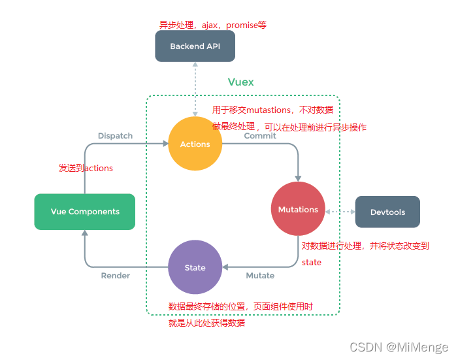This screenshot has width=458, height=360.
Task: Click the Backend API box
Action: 195,46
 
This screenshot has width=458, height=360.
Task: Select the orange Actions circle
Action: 195,144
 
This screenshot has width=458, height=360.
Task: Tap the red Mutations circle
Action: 298,210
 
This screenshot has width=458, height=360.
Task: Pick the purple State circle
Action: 195,267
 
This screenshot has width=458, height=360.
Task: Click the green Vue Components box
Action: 85,212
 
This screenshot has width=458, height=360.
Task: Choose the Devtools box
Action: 387,212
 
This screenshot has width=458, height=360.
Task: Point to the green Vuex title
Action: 240,82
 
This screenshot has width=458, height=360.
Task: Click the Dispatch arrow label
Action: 115,136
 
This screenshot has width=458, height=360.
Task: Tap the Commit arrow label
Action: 260,137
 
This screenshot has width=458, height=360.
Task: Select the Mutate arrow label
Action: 260,276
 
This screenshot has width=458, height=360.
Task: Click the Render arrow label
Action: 115,276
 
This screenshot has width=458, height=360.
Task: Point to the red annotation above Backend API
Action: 213,25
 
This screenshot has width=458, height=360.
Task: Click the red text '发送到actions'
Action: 86,169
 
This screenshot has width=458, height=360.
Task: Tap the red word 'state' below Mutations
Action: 312,262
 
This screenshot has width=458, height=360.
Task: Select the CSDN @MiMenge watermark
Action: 399,346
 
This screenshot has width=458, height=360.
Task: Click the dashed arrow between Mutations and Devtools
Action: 340,212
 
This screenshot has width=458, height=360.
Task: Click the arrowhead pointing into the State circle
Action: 226,267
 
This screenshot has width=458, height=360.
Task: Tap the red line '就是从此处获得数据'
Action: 206,322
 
